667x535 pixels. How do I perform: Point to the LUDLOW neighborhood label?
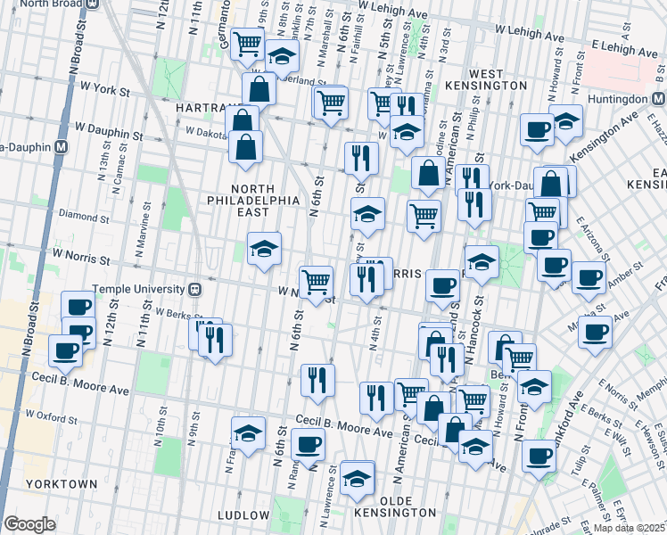tap(243, 515)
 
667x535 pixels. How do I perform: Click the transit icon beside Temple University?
tap(194, 289)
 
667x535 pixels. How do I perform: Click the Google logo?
tap(29, 524)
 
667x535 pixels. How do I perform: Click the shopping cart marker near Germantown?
tap(247, 42)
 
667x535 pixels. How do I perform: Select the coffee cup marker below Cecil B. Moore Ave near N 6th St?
tap(309, 443)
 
